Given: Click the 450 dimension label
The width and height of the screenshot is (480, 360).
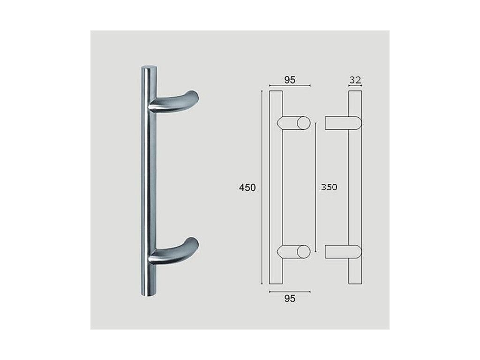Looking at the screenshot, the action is [x=247, y=187].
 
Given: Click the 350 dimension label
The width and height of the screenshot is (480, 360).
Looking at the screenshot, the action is [x=329, y=187].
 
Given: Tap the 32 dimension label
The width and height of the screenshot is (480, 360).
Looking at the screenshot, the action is [x=355, y=80].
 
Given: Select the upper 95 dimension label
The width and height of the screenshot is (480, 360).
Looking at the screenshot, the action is [x=290, y=80].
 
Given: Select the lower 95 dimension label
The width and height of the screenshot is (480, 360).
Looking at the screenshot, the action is [x=290, y=299].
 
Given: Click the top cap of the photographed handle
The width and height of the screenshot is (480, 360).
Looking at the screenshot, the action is [x=149, y=67].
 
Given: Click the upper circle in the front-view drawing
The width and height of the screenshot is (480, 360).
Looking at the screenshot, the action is [x=303, y=123].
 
